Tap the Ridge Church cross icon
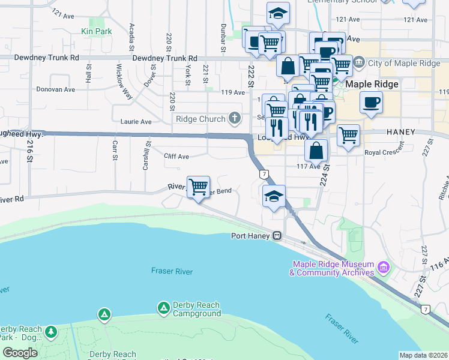235,118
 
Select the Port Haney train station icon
277,236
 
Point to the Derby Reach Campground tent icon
163,308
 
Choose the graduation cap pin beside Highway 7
274,196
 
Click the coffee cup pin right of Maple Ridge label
372,102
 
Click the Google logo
20,352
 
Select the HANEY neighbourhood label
402,131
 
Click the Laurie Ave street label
136,121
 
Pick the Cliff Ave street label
176,156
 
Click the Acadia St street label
131,37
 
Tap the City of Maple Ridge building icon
359,62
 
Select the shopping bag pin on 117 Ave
316,151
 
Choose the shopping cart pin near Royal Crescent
348,136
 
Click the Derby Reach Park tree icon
52,331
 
